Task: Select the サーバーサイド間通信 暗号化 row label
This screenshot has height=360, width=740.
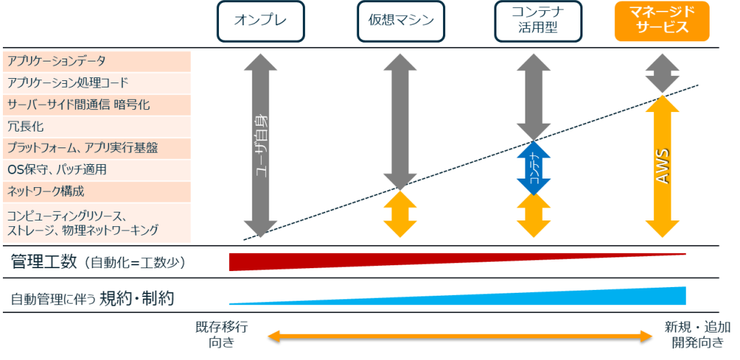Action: (78, 105)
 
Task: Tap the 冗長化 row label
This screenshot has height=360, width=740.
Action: (26, 127)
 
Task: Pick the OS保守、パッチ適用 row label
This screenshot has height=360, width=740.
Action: (57, 170)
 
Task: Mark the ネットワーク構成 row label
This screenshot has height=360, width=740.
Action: (46, 192)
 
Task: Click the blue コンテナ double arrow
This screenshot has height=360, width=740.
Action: (533, 167)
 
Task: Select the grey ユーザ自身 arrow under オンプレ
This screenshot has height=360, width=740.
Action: (260, 145)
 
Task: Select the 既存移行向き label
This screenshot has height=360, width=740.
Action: (222, 333)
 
